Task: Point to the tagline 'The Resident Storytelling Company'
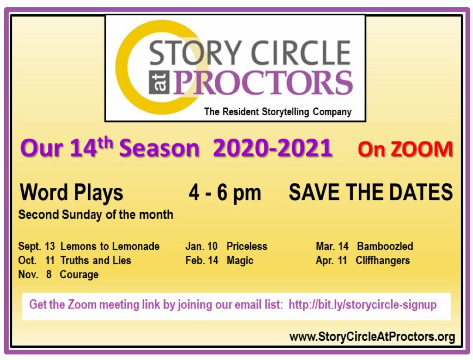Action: pos(277,112)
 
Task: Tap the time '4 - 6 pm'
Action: pos(224,193)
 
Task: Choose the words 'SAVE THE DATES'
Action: pos(371,193)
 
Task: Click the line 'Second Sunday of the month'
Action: pos(96,215)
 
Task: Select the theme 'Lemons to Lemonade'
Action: pos(110,247)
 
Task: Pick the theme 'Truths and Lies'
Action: pos(95,260)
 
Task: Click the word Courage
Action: pos(79,274)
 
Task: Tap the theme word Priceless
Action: pos(247,247)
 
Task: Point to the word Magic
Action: pos(240,260)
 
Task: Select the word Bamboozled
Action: pos(385,247)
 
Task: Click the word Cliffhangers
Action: pos(382,260)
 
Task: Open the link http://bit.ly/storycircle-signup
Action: pos(362,305)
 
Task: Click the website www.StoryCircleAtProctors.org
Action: pos(372,337)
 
